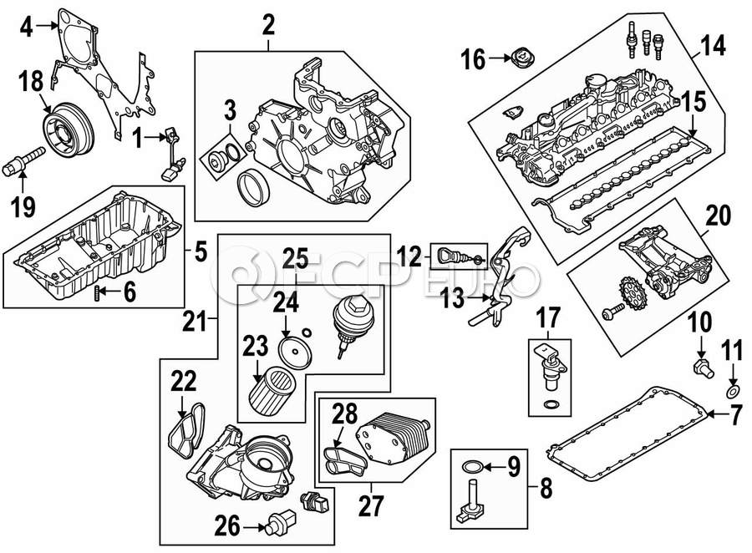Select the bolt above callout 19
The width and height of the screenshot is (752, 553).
pyautogui.click(x=23, y=161)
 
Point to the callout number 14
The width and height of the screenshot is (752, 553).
pyautogui.click(x=714, y=46)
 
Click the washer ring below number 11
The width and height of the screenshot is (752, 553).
pyautogui.click(x=734, y=392)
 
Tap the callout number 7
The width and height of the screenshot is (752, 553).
pyautogui.click(x=736, y=415)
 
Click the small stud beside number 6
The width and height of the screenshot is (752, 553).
pyautogui.click(x=99, y=292)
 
